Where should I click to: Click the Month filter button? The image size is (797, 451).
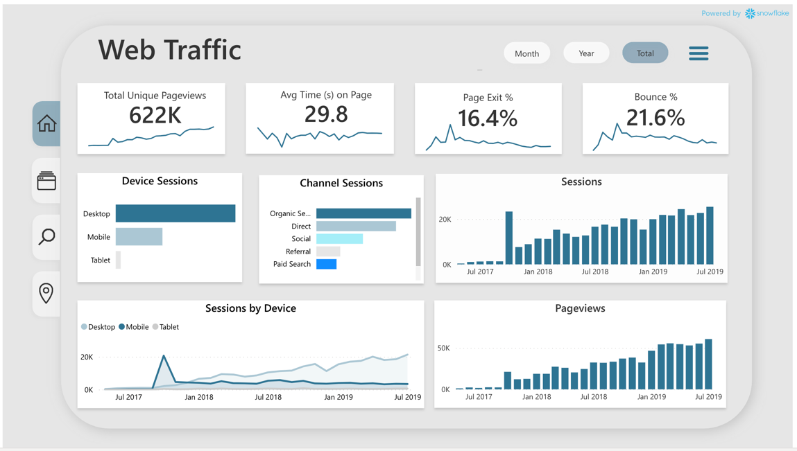[526, 53]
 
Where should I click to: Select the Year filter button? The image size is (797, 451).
[586, 53]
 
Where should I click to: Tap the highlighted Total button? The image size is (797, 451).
[645, 53]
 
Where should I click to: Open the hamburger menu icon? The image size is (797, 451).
[699, 53]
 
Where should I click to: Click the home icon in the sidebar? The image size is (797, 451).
[46, 124]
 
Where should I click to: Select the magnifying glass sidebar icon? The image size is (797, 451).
[46, 237]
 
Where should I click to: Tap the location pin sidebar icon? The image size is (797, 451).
[46, 293]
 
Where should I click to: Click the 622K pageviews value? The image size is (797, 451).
[155, 115]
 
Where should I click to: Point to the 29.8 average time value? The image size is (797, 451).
[326, 114]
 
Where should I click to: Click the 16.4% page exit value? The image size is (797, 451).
[488, 118]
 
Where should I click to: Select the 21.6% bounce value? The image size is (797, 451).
[655, 118]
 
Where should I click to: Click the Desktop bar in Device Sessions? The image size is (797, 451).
[175, 213]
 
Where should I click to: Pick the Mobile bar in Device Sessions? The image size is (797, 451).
[139, 237]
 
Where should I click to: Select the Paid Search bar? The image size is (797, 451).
[326, 264]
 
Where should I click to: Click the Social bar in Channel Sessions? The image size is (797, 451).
[339, 238]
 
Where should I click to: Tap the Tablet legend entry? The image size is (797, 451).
[166, 327]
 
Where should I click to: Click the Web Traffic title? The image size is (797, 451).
[169, 50]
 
